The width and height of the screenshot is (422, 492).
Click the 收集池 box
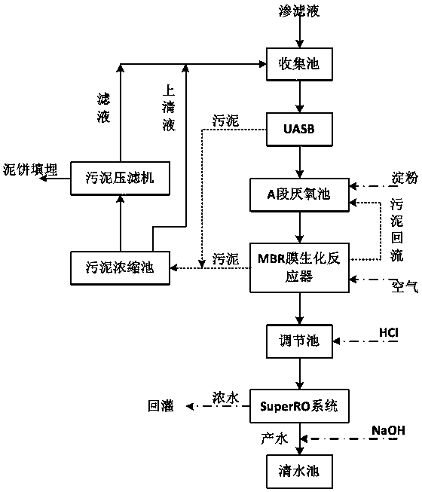[299, 64]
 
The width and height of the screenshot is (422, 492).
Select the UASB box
[299, 130]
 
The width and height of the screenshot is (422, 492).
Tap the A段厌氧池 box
[299, 195]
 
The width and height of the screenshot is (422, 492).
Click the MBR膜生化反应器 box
[299, 267]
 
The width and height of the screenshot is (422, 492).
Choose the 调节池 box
[299, 341]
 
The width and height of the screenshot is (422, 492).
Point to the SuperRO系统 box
[299, 406]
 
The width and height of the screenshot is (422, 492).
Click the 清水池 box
[299, 472]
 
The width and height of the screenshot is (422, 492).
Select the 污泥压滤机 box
[120, 179]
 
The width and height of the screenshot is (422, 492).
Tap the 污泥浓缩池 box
[120, 268]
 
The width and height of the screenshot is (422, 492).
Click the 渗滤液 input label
[299, 11]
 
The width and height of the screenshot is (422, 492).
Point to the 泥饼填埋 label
[30, 170]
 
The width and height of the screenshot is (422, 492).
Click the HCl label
[389, 332]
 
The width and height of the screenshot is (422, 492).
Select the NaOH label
[388, 430]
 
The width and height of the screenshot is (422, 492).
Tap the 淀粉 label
[405, 178]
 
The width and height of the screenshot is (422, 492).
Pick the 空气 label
[405, 286]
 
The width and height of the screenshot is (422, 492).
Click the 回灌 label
[161, 406]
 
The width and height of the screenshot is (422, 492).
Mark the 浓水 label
[225, 398]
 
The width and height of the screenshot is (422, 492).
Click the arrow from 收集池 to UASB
[300, 96]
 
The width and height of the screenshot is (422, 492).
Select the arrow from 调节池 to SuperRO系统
[300, 374]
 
